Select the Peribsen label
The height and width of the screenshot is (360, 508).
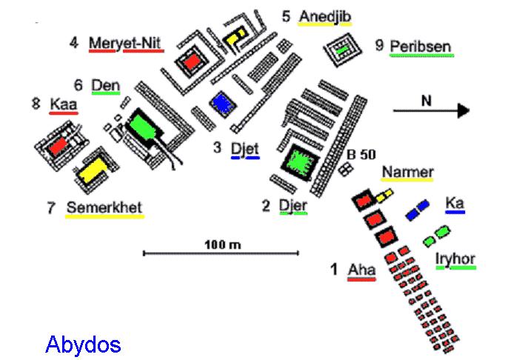click(421, 47)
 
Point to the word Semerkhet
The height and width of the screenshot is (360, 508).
click(104, 207)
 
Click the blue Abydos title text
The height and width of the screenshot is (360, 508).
click(82, 344)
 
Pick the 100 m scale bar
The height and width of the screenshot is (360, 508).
click(221, 253)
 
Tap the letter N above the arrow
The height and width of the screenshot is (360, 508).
click(425, 99)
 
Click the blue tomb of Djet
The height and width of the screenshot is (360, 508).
click(220, 101)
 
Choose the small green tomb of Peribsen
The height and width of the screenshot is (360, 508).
click(343, 50)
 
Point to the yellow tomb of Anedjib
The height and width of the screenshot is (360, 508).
click(236, 35)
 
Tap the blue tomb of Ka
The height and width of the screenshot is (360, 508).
click(418, 209)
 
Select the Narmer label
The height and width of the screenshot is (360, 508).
click(407, 173)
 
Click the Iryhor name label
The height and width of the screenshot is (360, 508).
click(455, 259)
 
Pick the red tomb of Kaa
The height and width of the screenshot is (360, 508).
click(59, 147)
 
